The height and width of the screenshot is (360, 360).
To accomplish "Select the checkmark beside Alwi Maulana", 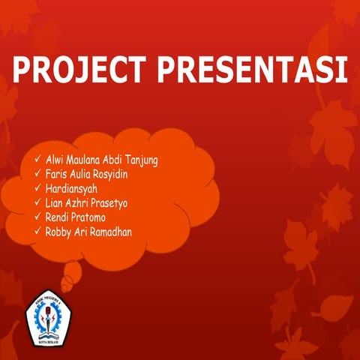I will pos(38,160).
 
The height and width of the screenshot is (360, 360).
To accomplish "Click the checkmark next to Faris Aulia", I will pos(38,174).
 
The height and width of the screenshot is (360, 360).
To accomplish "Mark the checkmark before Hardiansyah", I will pos(38,188).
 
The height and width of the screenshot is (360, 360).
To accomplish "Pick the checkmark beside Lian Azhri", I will pos(38,202).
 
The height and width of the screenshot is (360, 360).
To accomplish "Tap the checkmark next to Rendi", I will pos(38,217).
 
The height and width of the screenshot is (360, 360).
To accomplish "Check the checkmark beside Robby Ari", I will pos(38,231).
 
